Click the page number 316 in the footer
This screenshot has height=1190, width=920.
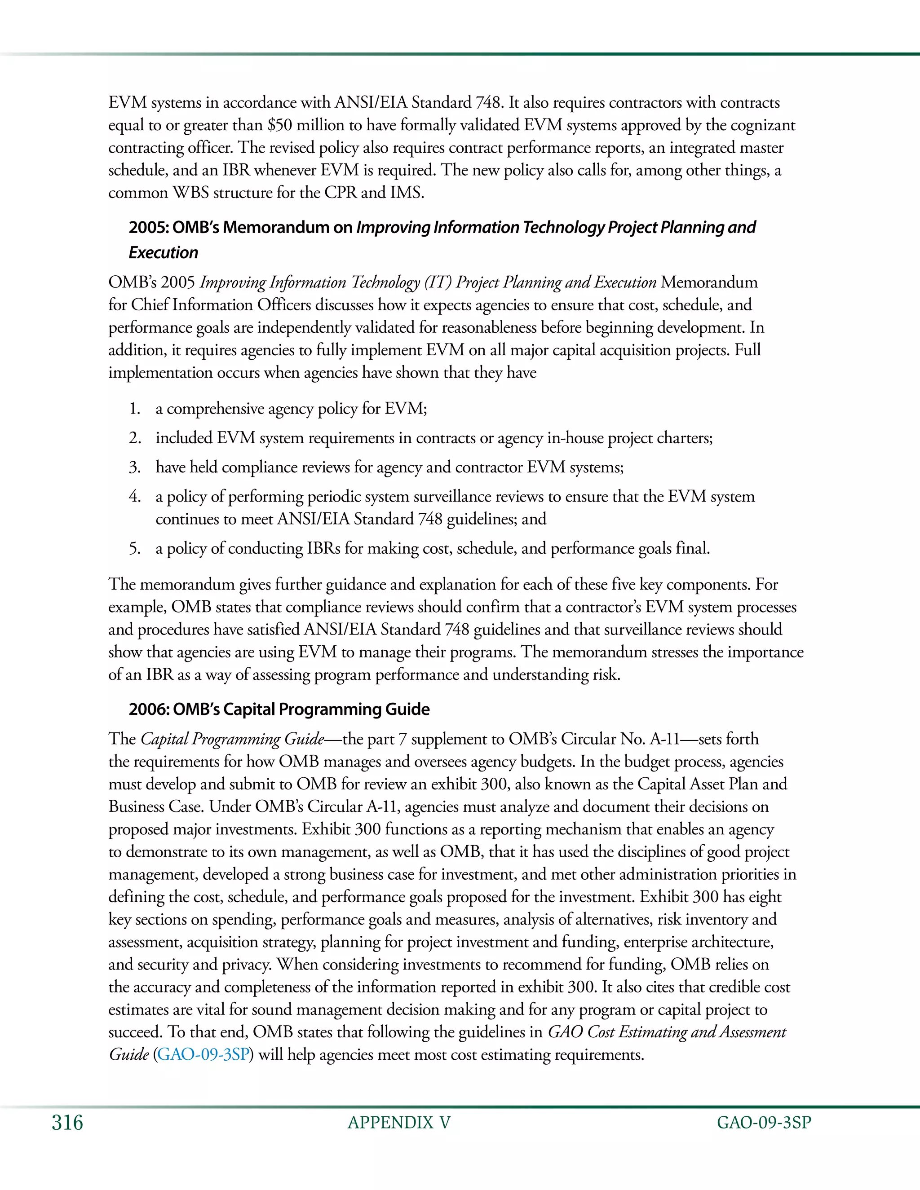tap(67, 1123)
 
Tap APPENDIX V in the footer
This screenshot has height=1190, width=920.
tap(399, 1123)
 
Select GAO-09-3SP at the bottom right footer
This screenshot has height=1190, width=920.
tap(764, 1123)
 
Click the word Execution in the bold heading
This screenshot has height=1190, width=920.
tap(164, 253)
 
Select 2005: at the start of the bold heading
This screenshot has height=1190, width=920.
tap(148, 227)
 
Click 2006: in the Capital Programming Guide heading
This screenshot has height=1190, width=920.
tap(148, 710)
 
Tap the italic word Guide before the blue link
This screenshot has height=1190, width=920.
tap(129, 1054)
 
